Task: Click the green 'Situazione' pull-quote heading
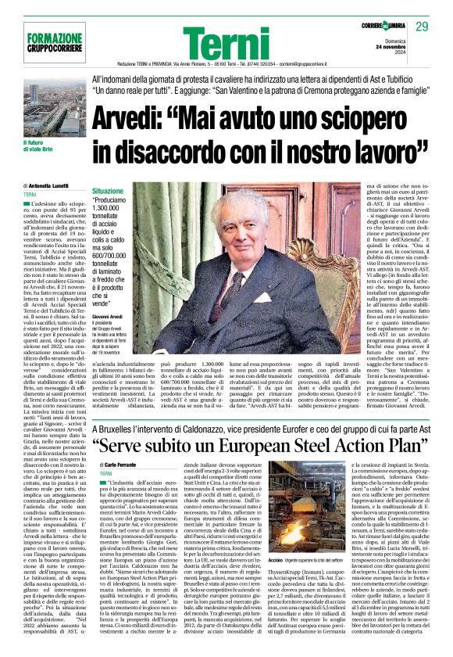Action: point(107,191)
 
